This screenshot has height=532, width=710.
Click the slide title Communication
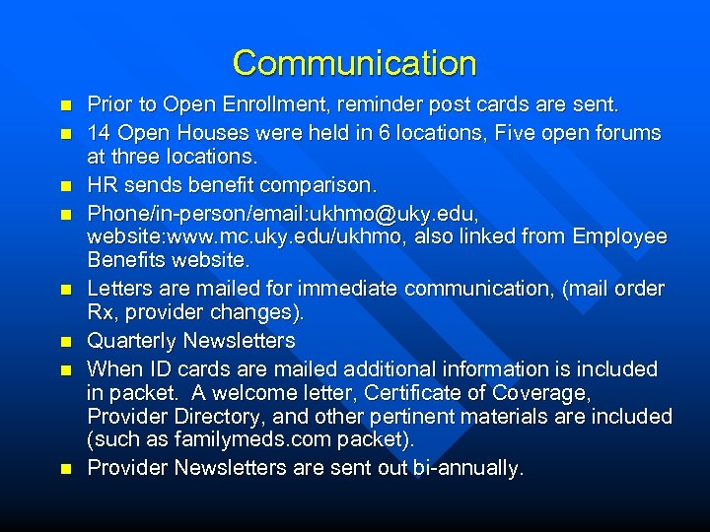pyautogui.click(x=354, y=64)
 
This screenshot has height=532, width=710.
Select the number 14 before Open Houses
pyautogui.click(x=100, y=133)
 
